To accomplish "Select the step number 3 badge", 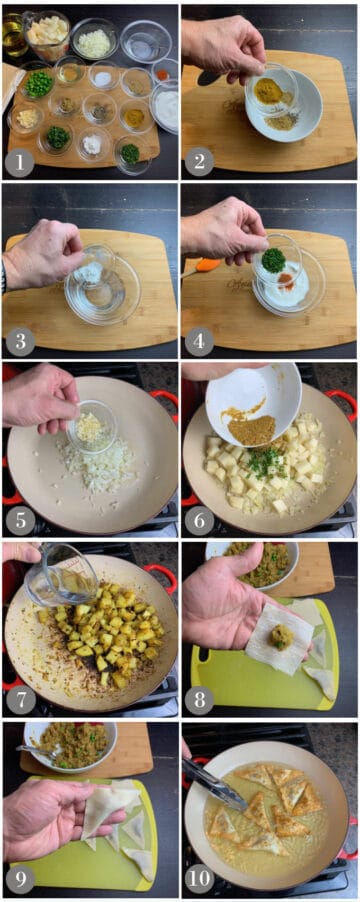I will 19,341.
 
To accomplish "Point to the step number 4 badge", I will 198,341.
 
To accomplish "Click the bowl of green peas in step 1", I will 38,83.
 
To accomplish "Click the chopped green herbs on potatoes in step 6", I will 265,461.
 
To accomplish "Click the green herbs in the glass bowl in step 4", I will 271,260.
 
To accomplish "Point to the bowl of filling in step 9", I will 70,743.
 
